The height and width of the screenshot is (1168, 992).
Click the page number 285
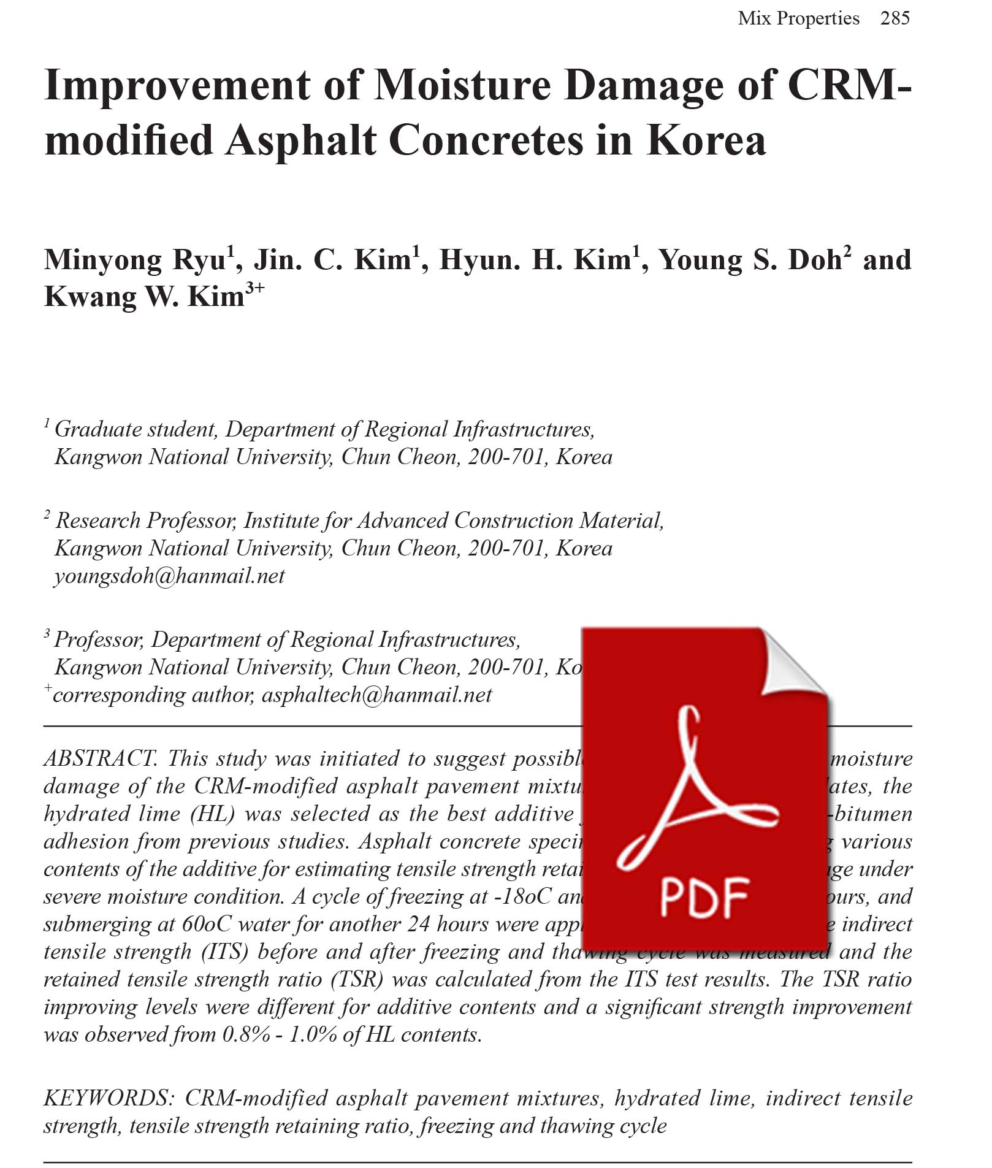(895, 18)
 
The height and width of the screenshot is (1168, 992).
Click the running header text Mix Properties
(798, 18)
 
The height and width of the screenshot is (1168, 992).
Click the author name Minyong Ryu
(135, 260)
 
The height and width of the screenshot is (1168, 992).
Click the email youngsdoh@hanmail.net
(170, 576)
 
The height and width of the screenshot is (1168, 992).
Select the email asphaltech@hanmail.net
(376, 695)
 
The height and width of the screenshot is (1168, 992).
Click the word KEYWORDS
(109, 1097)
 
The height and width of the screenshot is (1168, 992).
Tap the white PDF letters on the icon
(704, 896)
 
